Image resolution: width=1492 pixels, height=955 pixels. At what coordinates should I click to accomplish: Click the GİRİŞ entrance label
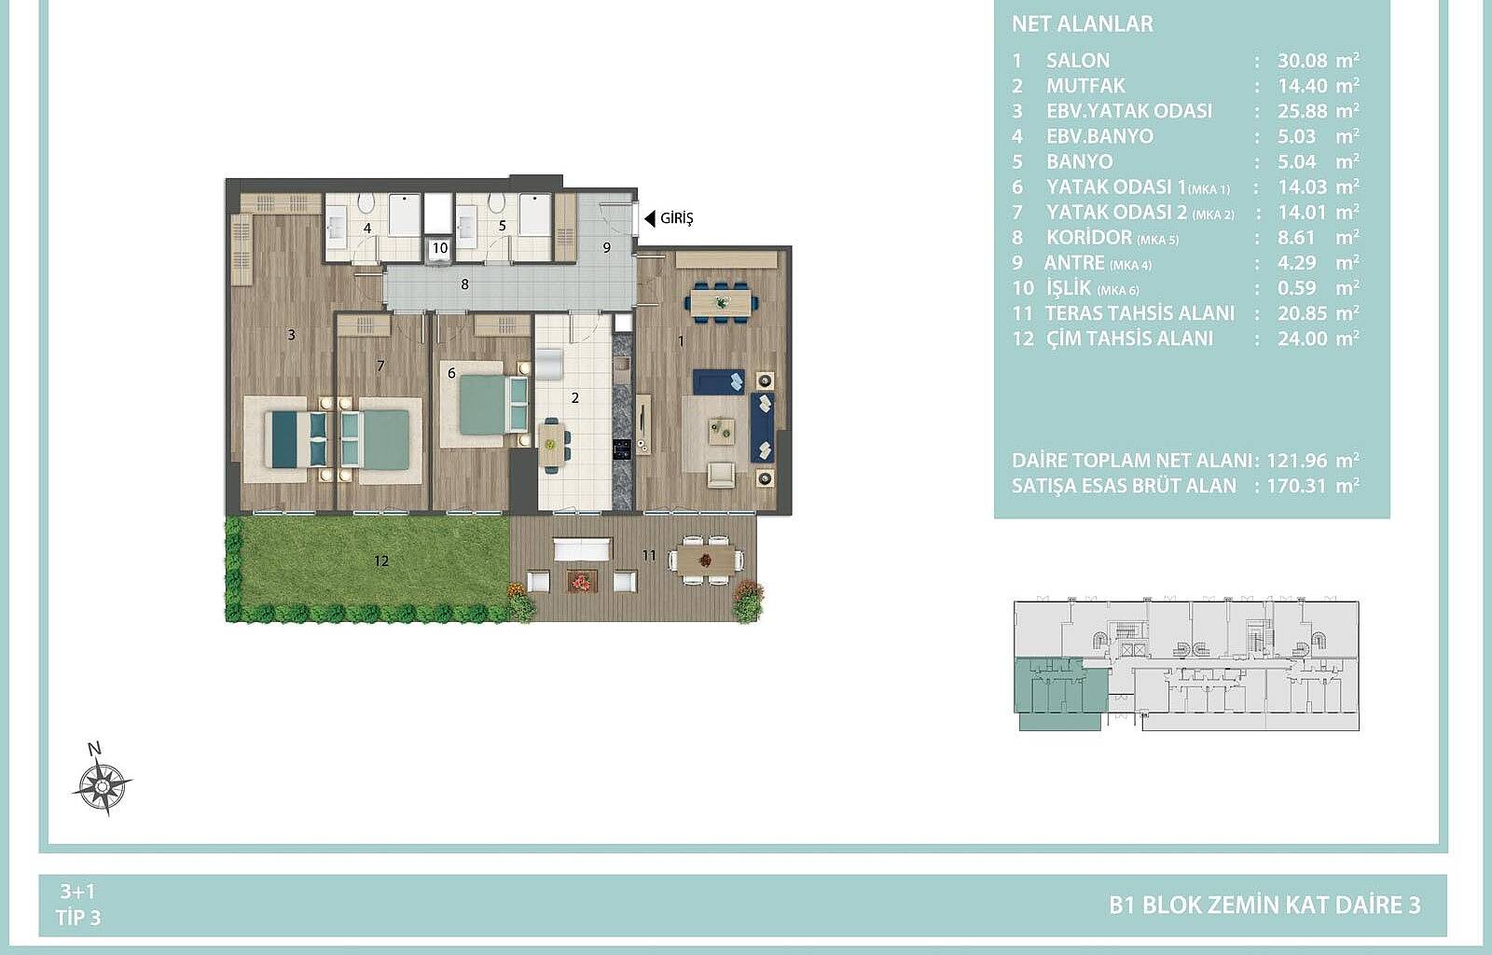tap(677, 218)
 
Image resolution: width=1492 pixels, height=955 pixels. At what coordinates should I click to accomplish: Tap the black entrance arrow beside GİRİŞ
tap(649, 218)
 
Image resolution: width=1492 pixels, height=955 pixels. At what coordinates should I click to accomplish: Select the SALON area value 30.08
tap(1302, 61)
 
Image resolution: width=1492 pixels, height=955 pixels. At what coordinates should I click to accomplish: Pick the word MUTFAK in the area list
tap(1085, 86)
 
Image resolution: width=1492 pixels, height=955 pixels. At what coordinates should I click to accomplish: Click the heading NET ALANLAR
tap(1083, 24)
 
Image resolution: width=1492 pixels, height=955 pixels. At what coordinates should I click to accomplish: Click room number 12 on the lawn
tap(381, 561)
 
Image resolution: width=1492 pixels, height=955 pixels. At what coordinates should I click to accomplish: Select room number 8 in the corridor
tap(465, 284)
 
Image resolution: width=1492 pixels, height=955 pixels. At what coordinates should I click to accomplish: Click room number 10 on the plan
tap(439, 248)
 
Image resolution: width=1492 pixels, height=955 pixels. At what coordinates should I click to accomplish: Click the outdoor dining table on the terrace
tap(706, 561)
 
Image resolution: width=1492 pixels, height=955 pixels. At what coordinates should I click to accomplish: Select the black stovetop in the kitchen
tap(622, 450)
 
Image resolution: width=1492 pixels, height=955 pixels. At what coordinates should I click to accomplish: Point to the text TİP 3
tap(78, 918)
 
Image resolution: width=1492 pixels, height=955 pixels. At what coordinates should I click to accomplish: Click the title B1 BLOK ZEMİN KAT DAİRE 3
tap(1264, 905)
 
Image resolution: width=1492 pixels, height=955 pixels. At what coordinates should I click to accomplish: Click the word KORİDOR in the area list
tap(1089, 238)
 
